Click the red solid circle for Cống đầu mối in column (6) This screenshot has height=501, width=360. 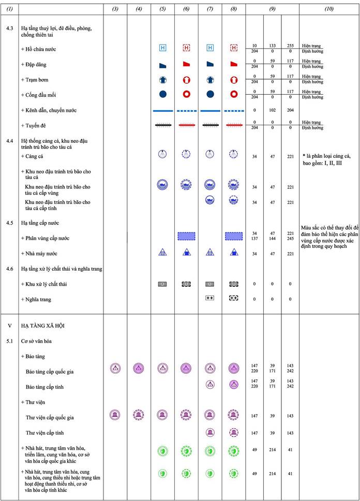186,95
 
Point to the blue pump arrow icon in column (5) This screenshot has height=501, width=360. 162,80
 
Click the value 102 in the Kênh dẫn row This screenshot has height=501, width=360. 273,110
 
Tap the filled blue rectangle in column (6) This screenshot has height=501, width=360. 186,236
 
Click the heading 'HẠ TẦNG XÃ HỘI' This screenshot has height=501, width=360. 42,327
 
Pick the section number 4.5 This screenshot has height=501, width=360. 10,223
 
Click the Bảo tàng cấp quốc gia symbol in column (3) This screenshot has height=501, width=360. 115,369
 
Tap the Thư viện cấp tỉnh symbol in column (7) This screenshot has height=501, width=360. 210,433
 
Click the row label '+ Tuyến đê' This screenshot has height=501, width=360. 36,125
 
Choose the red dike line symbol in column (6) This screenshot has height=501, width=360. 186,125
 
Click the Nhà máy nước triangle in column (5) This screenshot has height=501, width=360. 162,253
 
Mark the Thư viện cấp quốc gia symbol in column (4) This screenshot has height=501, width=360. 138,415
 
